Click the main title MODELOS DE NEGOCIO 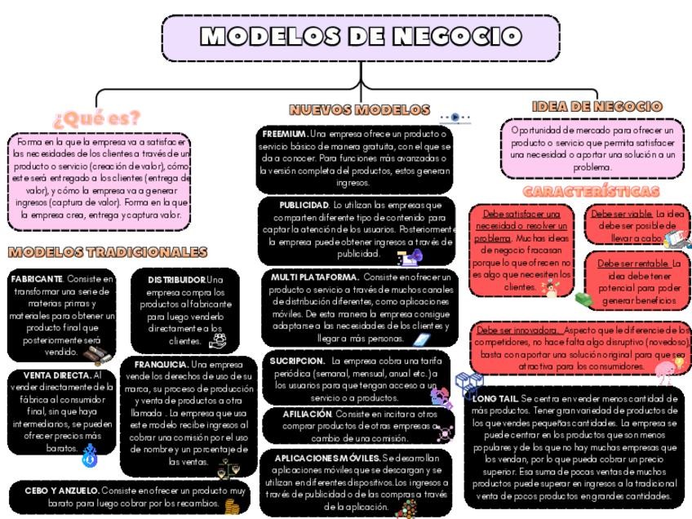[361, 37]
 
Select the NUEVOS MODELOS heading [359, 109]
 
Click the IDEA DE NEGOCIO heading [596, 107]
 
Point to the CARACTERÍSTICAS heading [591, 192]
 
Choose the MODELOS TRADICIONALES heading [107, 252]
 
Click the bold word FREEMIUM [285, 133]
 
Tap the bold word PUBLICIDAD [304, 205]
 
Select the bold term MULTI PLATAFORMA [314, 277]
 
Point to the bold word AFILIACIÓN [307, 414]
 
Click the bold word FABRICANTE [37, 279]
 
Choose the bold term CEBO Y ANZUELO [61, 490]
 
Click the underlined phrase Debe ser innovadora [518, 330]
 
